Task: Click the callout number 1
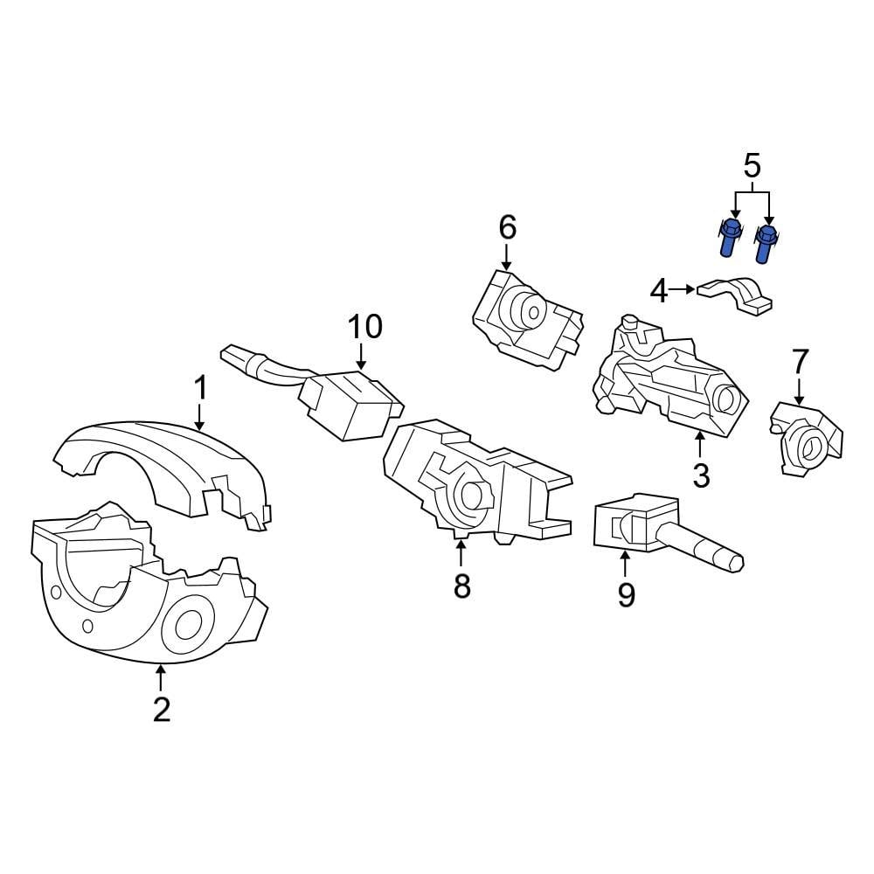coord(200,386)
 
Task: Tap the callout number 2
coord(161,709)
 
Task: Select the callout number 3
coord(701,475)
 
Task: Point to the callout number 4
coord(658,290)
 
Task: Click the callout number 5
coord(752,165)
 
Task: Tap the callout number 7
coord(800,361)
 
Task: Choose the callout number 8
coord(461,586)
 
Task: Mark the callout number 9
coord(626,594)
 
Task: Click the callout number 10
coord(364,327)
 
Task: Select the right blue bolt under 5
coord(766,242)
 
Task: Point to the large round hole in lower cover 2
coord(188,626)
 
